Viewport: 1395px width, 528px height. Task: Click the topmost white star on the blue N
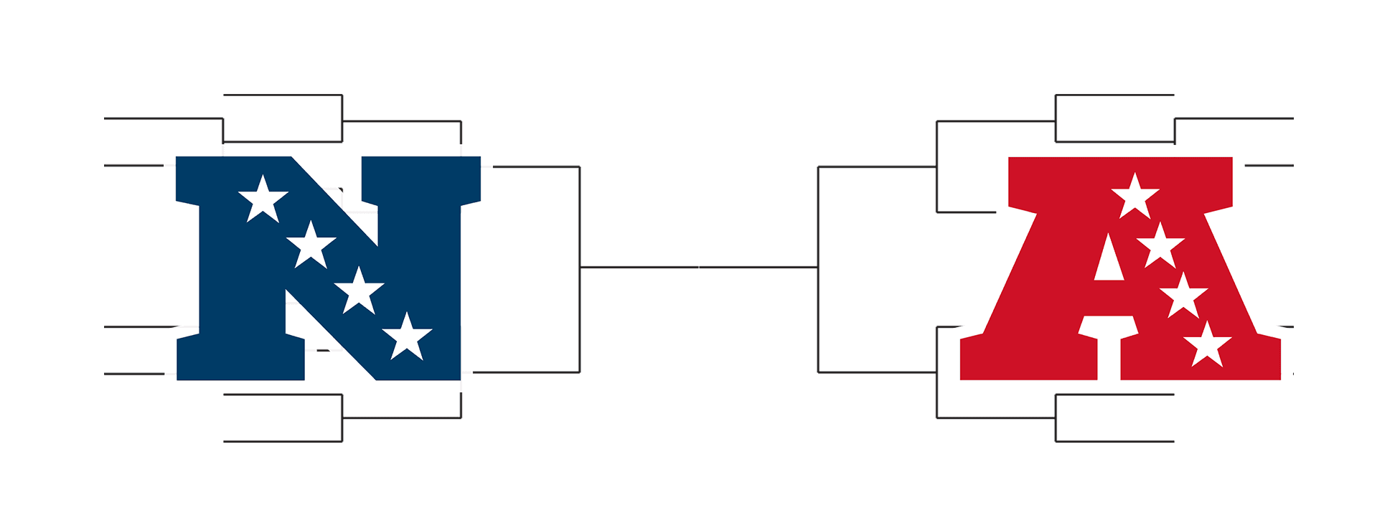point(263,199)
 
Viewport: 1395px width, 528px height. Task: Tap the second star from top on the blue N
point(311,245)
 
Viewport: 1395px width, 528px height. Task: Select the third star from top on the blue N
point(359,291)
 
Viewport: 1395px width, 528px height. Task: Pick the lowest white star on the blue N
point(407,337)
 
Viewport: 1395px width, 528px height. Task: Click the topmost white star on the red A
point(1135,197)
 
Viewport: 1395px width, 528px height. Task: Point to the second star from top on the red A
point(1160,246)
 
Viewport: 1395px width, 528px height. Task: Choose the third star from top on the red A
point(1183,296)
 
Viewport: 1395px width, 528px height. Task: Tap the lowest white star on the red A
point(1207,345)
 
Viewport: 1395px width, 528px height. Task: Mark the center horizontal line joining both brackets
point(698,267)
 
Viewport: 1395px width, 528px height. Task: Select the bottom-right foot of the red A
point(1200,366)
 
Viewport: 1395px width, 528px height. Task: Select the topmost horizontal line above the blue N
point(283,95)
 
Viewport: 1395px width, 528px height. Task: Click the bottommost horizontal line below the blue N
point(283,441)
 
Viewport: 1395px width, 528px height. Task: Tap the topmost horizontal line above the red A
point(1114,95)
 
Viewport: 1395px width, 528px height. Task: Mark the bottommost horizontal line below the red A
point(1114,441)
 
